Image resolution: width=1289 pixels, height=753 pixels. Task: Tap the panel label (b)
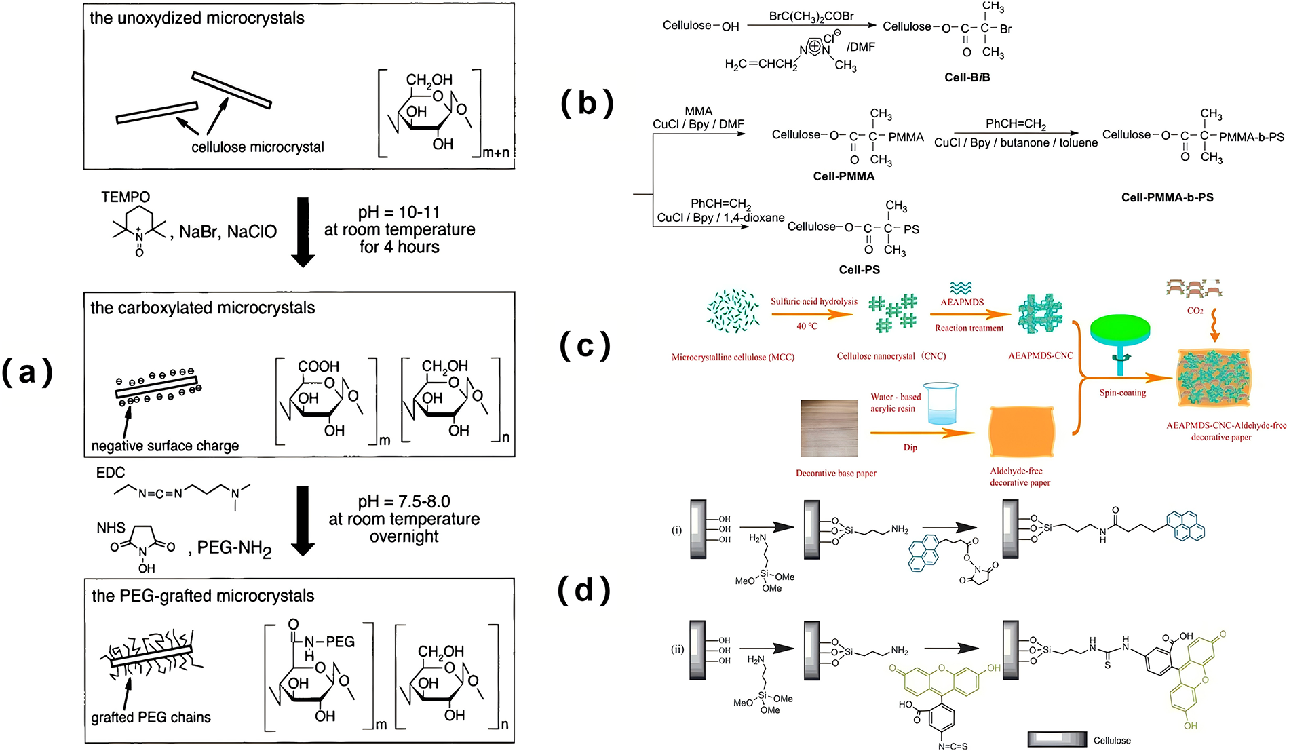[x=587, y=103]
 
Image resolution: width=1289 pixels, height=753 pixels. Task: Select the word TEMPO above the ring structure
[x=126, y=197]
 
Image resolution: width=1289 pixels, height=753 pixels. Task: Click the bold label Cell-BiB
[x=967, y=77]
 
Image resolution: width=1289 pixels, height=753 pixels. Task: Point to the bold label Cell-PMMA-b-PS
[x=1167, y=197]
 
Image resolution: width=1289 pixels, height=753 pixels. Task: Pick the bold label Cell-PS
[x=859, y=269]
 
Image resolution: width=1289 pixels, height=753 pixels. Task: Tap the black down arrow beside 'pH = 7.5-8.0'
[x=303, y=520]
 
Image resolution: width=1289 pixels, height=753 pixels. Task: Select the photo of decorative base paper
[x=829, y=428]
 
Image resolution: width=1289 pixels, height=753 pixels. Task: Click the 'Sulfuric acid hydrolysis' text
[x=813, y=301]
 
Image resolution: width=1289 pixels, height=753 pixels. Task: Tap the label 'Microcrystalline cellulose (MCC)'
[x=733, y=357]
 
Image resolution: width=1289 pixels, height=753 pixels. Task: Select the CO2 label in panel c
[x=1195, y=311]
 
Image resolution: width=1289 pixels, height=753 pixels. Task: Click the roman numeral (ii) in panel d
[x=677, y=649]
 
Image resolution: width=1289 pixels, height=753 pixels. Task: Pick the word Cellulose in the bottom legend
[x=1112, y=740]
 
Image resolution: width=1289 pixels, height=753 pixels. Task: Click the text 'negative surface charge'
[x=165, y=446]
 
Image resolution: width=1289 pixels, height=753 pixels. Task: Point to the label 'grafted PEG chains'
[x=151, y=717]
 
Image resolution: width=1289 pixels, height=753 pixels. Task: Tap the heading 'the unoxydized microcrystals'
[x=197, y=18]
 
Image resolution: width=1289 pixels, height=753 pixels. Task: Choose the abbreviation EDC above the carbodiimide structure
[x=111, y=473]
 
